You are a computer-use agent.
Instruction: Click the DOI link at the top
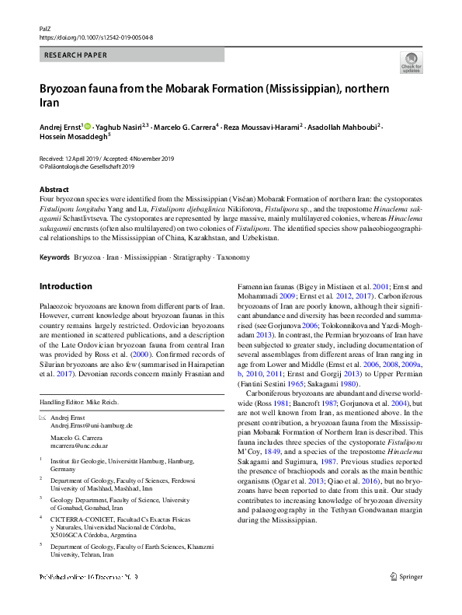96,37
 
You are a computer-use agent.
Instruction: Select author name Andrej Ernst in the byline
60,127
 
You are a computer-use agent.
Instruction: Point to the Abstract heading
54,190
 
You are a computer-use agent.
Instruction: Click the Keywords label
54,257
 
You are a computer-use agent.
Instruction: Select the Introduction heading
65,286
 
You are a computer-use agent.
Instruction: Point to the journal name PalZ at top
45,27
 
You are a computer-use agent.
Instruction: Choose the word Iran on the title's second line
49,103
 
